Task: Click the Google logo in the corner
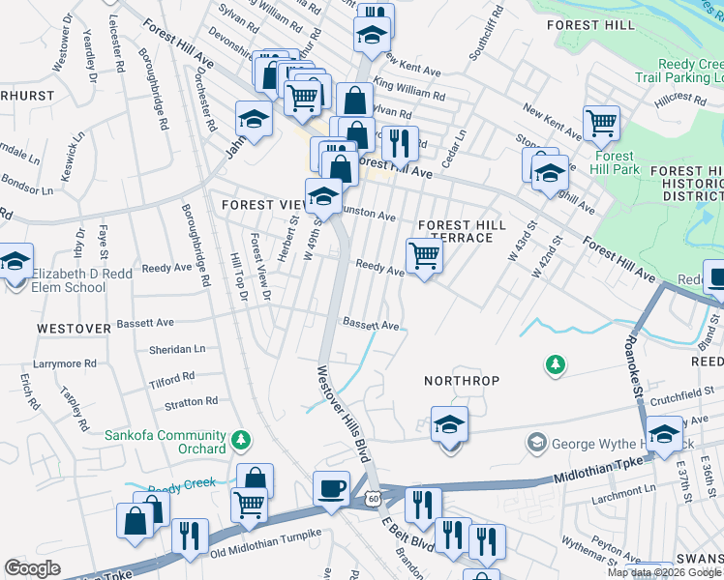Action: click(x=32, y=568)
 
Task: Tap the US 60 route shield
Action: click(x=374, y=497)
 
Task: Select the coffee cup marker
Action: click(x=331, y=487)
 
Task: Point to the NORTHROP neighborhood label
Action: click(x=462, y=381)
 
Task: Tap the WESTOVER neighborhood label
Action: click(x=74, y=329)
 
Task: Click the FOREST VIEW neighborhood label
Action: click(x=263, y=205)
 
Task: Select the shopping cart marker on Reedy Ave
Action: click(x=424, y=256)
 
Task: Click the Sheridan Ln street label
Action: click(x=177, y=349)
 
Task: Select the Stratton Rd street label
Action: click(x=191, y=401)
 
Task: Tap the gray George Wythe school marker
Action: click(x=535, y=444)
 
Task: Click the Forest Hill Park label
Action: click(x=614, y=162)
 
